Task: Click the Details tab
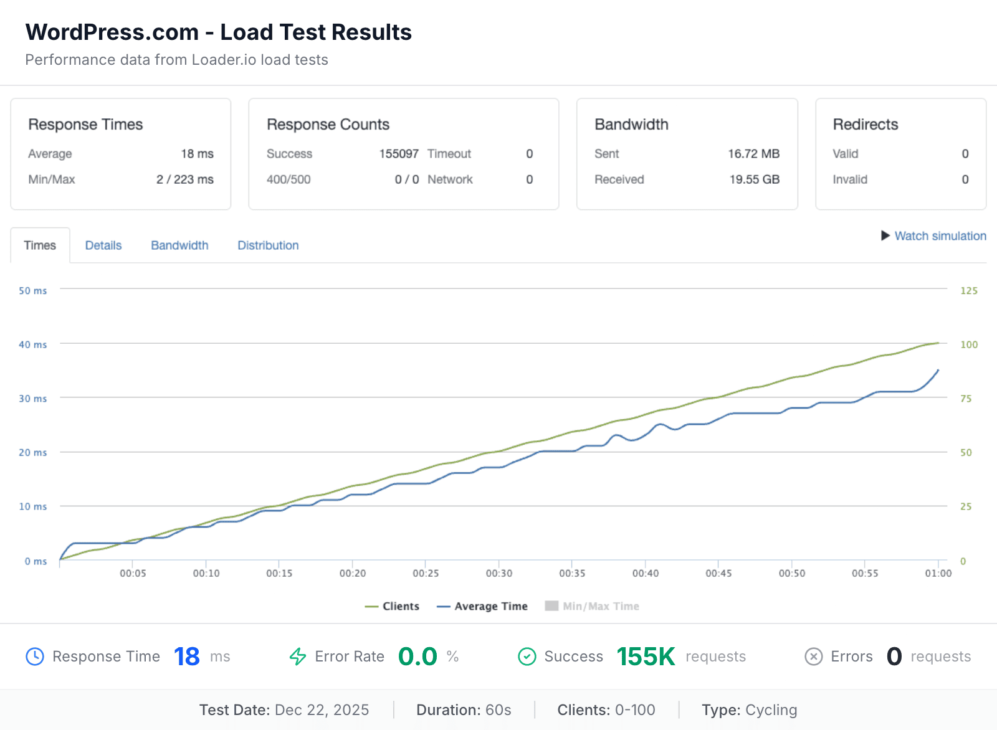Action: [103, 245]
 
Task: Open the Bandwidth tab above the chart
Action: [179, 245]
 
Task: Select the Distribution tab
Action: [268, 245]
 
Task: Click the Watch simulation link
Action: [940, 236]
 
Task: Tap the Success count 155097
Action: [399, 154]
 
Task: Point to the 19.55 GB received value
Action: [754, 179]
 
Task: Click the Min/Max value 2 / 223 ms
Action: [184, 179]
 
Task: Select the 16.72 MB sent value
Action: [753, 154]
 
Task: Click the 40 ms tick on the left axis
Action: [32, 344]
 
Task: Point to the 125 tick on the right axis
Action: [968, 291]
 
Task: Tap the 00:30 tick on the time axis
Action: [499, 573]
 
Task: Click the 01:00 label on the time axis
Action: [938, 573]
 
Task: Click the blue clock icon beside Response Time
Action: [35, 657]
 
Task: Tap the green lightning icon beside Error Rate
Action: [298, 657]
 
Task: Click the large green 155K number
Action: [646, 657]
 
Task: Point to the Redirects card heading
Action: [866, 125]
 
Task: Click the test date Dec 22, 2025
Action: [322, 710]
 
